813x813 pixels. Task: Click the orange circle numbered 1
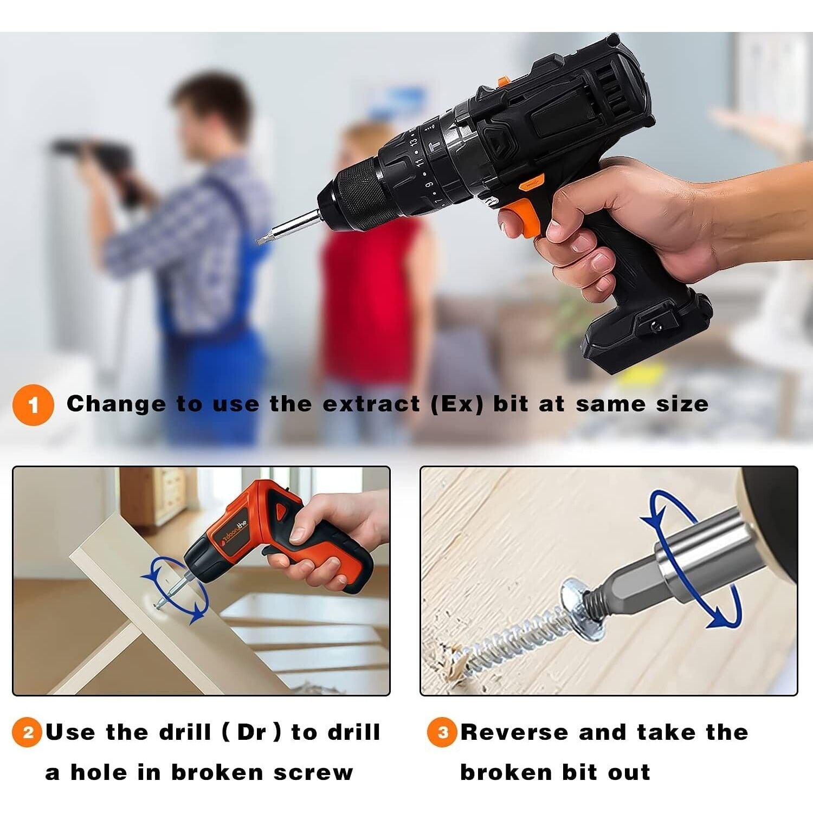(33, 405)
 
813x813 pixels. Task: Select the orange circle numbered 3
(442, 732)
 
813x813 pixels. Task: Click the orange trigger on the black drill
(522, 218)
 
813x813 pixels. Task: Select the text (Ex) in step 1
(456, 405)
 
